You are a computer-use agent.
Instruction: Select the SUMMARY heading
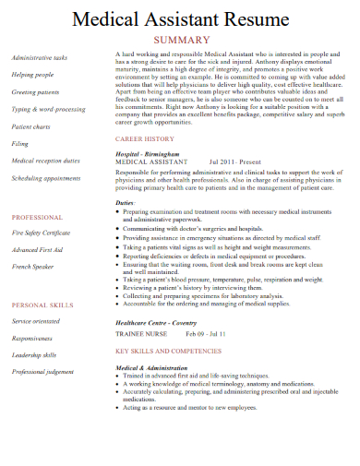pyautogui.click(x=181, y=40)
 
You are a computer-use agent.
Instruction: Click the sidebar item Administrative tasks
pyautogui.click(x=40, y=57)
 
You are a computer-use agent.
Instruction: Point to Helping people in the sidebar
pyautogui.click(x=32, y=74)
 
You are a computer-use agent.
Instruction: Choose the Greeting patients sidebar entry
pyautogui.click(x=36, y=91)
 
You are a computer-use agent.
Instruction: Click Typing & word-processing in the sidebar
pyautogui.click(x=47, y=109)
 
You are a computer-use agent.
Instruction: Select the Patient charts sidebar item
pyautogui.click(x=32, y=126)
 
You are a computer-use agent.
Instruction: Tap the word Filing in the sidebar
pyautogui.click(x=20, y=144)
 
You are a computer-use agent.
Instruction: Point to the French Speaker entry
pyautogui.click(x=34, y=266)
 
